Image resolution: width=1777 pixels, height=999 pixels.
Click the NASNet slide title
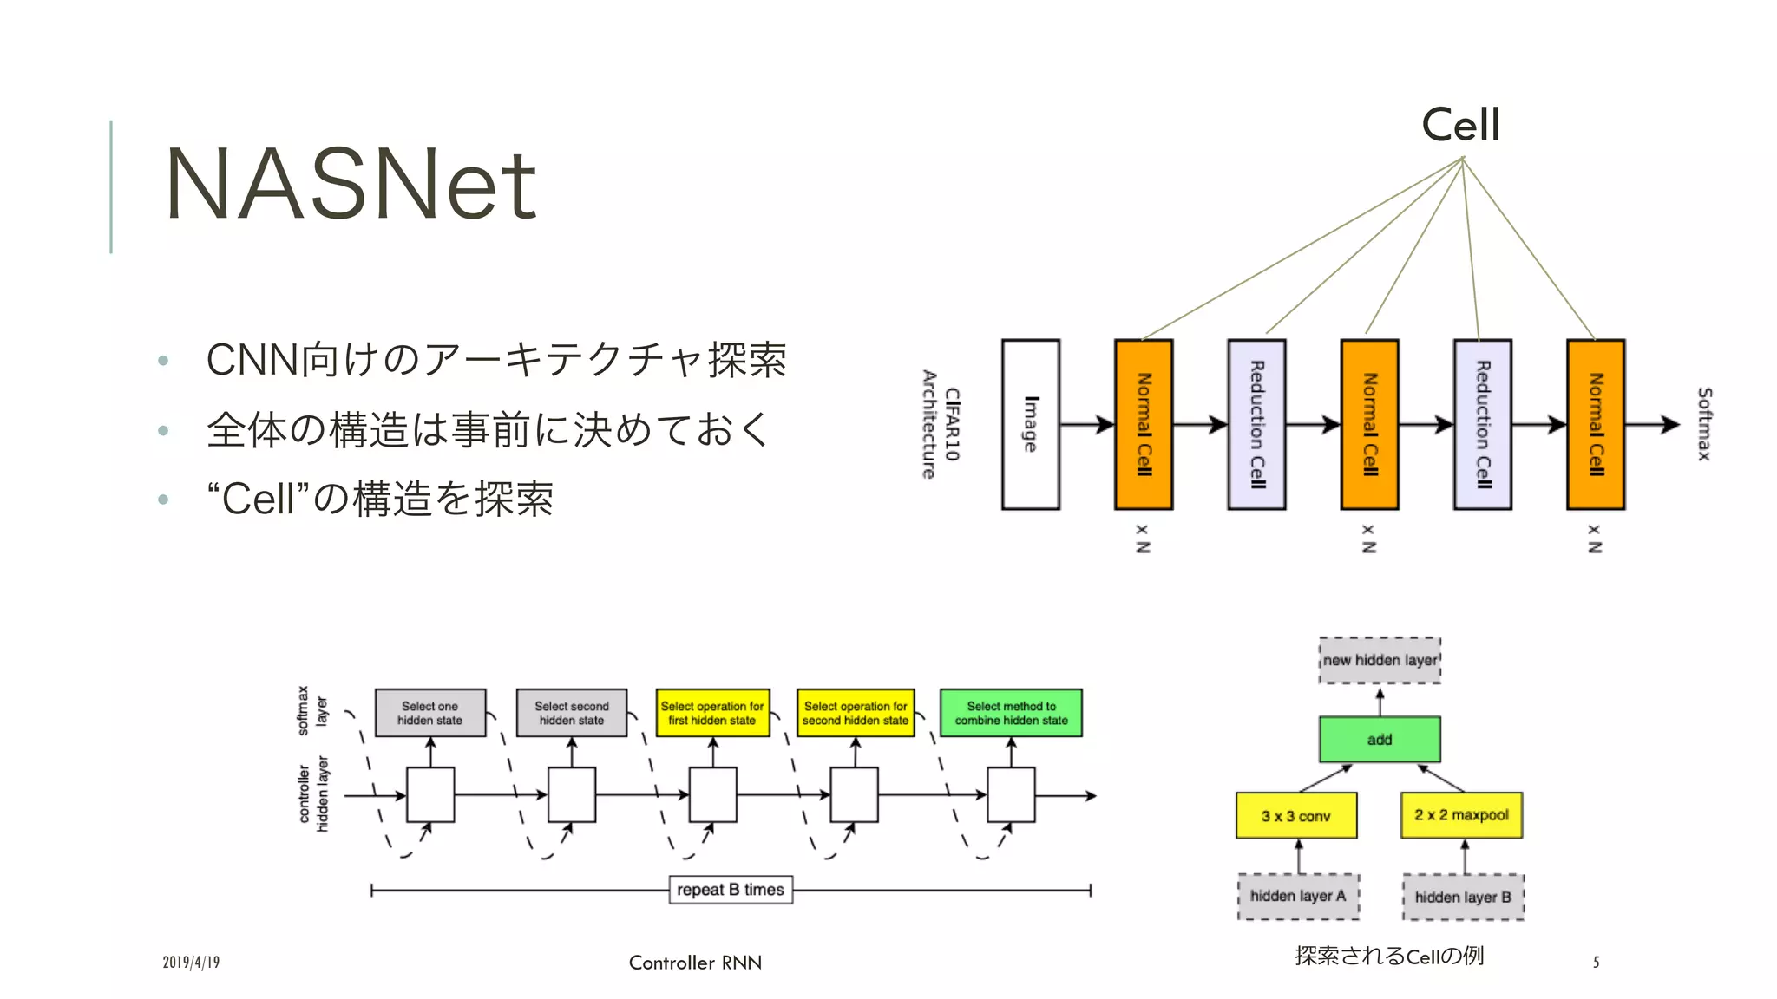click(351, 184)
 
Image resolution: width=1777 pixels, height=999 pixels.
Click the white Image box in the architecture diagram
click(1031, 424)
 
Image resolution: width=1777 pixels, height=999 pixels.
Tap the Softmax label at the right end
click(1704, 424)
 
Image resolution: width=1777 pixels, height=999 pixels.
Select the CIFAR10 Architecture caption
click(941, 424)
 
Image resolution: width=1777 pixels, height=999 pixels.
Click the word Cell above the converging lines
click(1460, 125)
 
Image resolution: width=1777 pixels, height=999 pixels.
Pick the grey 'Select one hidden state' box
click(430, 713)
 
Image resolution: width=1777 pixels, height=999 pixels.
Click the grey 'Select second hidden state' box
click(572, 713)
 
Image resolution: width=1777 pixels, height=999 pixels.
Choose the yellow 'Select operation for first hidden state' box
click(712, 713)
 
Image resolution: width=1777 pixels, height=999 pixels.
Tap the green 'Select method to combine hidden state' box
click(1011, 713)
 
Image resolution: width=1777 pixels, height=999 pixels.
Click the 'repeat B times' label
click(731, 890)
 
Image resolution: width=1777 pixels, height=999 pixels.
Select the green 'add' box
click(1380, 740)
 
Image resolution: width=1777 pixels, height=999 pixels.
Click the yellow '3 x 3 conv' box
click(1296, 816)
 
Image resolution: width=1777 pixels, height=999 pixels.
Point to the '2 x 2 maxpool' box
click(1461, 815)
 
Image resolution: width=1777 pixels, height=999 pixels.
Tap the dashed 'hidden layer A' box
click(1298, 896)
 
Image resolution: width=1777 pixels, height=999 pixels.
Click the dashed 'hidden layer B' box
click(1463, 897)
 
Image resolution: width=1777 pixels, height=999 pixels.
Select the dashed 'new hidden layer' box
click(1380, 660)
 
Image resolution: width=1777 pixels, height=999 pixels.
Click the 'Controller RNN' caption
click(695, 963)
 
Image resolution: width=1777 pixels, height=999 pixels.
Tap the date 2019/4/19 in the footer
click(191, 963)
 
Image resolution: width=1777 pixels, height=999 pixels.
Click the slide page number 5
click(1596, 962)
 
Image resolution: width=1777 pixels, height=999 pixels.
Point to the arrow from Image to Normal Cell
click(1087, 424)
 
